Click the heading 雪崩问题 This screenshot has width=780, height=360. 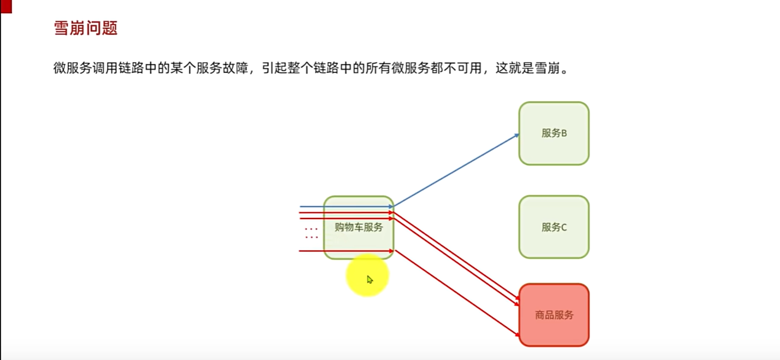coord(86,28)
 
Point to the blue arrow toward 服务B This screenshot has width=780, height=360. coord(456,170)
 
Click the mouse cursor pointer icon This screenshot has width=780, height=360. coord(370,280)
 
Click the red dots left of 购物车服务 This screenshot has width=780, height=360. coord(312,233)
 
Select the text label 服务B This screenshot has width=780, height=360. coord(554,133)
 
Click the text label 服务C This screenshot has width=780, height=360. coord(554,227)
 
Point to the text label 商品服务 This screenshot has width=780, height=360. coord(554,315)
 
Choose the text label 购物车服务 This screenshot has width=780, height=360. coord(359,227)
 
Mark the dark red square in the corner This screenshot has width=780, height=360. coord(6,6)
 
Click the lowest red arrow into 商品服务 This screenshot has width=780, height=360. coord(457,293)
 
